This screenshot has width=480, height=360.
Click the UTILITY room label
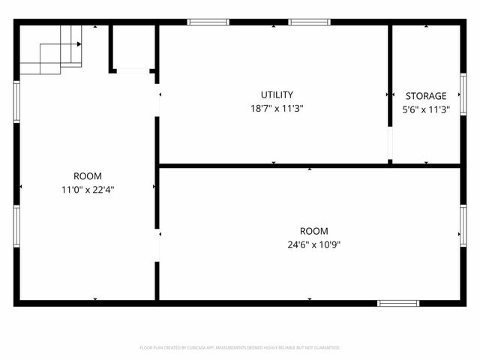tap(277, 95)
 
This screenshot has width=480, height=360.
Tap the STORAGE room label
tap(426, 96)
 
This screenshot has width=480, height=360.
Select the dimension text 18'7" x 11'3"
tap(277, 108)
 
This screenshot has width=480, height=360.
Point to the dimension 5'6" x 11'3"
tap(426, 109)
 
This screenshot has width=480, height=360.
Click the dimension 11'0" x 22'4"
tap(88, 190)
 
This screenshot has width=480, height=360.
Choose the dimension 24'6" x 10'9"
tap(313, 244)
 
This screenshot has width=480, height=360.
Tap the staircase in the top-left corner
tap(51, 49)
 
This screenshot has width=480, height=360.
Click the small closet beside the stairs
tap(133, 47)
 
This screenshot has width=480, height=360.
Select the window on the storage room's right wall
tap(463, 94)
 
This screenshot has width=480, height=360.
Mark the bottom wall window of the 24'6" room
tap(397, 303)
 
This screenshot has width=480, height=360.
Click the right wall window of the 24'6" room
tap(463, 224)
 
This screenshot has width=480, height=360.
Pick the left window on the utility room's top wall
tap(208, 22)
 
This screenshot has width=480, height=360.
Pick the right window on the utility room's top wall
tap(309, 22)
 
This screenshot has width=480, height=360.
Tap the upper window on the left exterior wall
tap(16, 101)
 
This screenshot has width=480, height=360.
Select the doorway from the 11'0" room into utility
tap(157, 103)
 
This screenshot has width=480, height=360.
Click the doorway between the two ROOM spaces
tap(157, 245)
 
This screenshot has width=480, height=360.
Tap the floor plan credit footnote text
tap(240, 348)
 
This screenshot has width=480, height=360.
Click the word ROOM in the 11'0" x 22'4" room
tap(88, 176)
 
